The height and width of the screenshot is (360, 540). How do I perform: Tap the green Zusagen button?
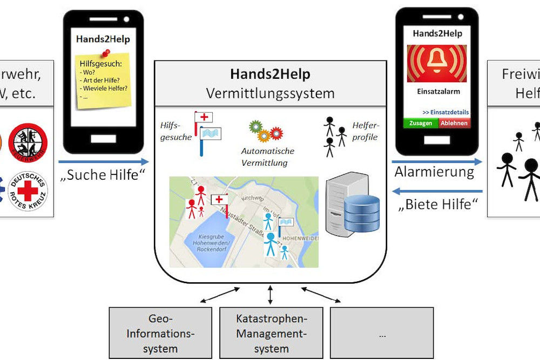pyautogui.click(x=421, y=123)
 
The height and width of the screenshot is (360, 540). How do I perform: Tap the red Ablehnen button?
pyautogui.click(x=454, y=123)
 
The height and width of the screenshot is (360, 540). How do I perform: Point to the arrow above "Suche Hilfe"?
pyautogui.click(x=103, y=161)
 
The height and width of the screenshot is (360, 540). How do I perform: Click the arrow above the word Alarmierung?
pyautogui.click(x=436, y=161)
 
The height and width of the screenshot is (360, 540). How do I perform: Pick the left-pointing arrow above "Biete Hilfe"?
pyautogui.click(x=436, y=191)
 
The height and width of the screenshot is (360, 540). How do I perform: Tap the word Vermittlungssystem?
pyautogui.click(x=270, y=93)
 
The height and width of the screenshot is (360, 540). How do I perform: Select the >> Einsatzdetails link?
pyautogui.click(x=446, y=112)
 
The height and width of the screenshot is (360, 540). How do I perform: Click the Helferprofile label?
pyautogui.click(x=367, y=131)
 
